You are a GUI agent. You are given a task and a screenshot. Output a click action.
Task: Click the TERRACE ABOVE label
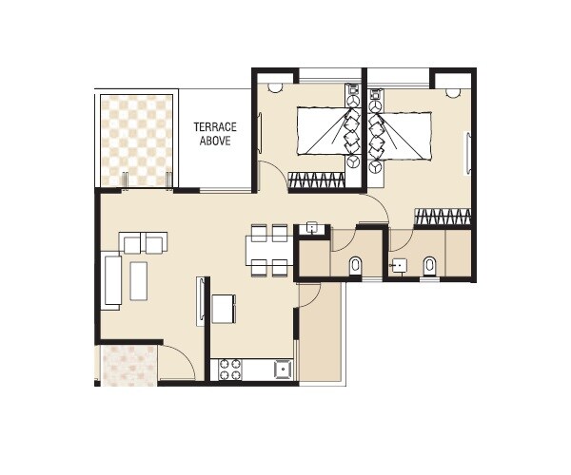click(215, 133)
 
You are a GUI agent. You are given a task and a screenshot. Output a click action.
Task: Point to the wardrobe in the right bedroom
click(443, 218)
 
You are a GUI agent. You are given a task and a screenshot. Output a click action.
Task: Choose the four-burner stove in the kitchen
click(229, 368)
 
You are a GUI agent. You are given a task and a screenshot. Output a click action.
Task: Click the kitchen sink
click(282, 368)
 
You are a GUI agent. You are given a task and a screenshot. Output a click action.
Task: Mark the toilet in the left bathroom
click(354, 264)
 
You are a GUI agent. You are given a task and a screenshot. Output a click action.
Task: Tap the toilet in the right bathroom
click(428, 265)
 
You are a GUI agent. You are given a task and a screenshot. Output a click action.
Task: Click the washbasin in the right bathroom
click(401, 265)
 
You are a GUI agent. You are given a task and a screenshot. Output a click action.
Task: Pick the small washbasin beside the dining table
click(310, 228)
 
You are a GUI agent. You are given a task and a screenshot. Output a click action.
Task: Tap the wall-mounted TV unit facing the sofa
click(201, 301)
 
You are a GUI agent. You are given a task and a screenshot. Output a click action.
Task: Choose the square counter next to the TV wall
click(225, 308)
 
